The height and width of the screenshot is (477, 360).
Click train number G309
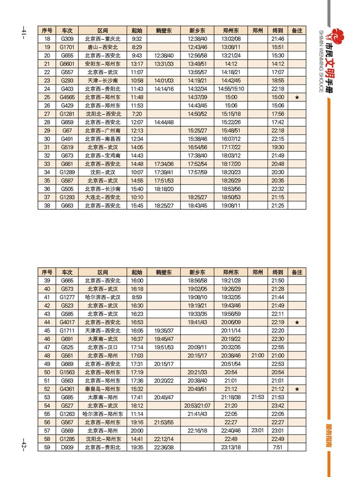67,38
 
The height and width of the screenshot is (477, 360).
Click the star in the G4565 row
297,97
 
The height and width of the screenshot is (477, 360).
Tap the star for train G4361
297,389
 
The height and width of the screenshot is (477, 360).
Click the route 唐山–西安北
103,47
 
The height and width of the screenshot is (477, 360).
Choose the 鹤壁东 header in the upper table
164,30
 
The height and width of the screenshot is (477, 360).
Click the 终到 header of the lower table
277,272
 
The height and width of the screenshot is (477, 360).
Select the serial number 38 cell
47,206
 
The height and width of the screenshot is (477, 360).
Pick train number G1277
67,297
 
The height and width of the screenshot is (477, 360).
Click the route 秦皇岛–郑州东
103,389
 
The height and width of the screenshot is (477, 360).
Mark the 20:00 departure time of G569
137,430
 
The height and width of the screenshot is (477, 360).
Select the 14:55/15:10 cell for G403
231,89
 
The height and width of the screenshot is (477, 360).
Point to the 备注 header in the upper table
297,30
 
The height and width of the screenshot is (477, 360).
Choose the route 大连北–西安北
103,197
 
